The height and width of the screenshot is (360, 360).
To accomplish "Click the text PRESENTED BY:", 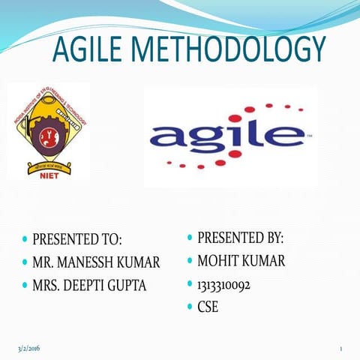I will (240, 238).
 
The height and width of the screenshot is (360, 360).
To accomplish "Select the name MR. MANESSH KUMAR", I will (96, 262).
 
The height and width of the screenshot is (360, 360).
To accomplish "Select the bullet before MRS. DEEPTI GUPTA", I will (25, 286).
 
